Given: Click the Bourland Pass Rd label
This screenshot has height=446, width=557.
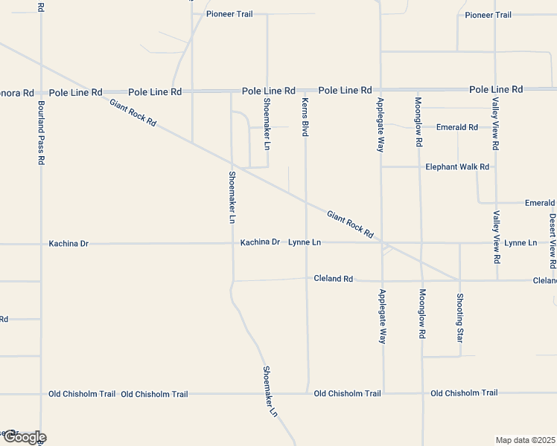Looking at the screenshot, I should point(41,139).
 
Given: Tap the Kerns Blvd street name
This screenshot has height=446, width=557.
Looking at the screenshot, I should point(305,116).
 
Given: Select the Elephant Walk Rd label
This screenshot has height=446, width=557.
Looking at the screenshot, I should point(457,167).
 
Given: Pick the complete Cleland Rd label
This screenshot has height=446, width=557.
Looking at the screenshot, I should point(333,279).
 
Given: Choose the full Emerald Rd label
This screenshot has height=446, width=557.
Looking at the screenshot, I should point(457,127).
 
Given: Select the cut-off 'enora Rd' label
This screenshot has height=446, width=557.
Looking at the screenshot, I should point(17,93).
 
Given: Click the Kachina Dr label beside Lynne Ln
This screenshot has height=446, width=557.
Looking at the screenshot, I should point(259,242).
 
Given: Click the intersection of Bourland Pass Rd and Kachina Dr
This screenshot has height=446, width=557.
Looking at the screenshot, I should point(41,243).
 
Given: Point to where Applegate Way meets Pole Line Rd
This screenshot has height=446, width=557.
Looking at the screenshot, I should point(381,89).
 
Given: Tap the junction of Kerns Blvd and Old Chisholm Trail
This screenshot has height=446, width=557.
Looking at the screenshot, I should point(308,393).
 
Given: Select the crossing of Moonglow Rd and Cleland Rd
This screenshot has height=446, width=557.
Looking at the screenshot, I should point(421,281).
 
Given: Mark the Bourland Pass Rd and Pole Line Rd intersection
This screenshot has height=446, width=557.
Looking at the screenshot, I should point(41,91).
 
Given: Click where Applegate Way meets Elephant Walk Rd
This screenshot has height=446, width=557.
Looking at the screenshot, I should point(381,167).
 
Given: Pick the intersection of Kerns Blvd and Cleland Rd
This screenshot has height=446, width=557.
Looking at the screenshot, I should point(307,279).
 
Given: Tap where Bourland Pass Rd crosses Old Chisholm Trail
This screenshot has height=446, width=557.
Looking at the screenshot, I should point(41,394).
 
